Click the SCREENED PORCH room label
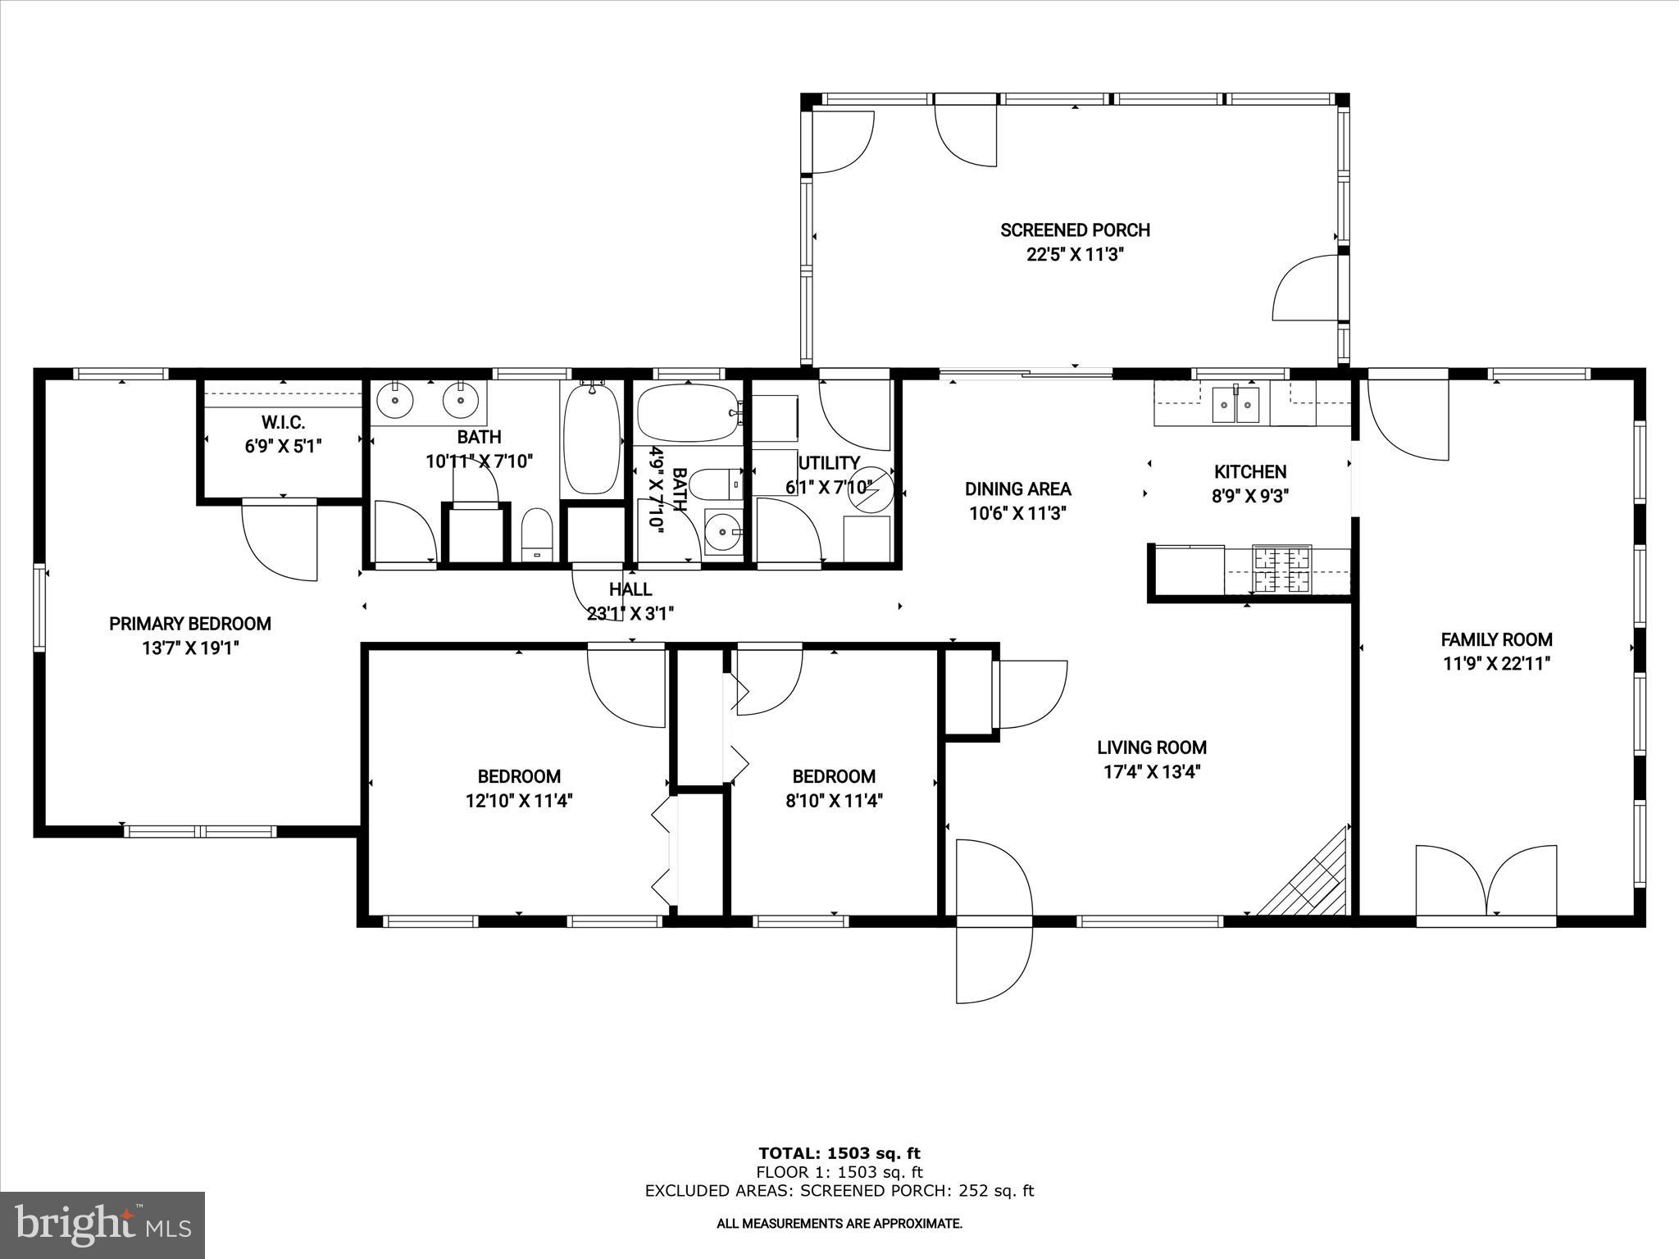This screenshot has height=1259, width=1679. [1075, 230]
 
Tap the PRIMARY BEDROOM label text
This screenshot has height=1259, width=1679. [190, 624]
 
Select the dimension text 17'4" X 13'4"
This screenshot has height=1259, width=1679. [1152, 771]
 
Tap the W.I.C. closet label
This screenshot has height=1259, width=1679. [283, 423]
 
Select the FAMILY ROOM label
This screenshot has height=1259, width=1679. [1496, 639]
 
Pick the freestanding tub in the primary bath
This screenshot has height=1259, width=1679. [591, 439]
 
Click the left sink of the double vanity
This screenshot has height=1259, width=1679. [396, 401]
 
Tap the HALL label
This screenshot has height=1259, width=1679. [630, 589]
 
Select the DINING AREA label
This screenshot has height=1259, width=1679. [1017, 489]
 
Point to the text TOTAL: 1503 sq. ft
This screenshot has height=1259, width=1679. [839, 1154]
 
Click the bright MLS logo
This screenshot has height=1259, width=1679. [102, 1225]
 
